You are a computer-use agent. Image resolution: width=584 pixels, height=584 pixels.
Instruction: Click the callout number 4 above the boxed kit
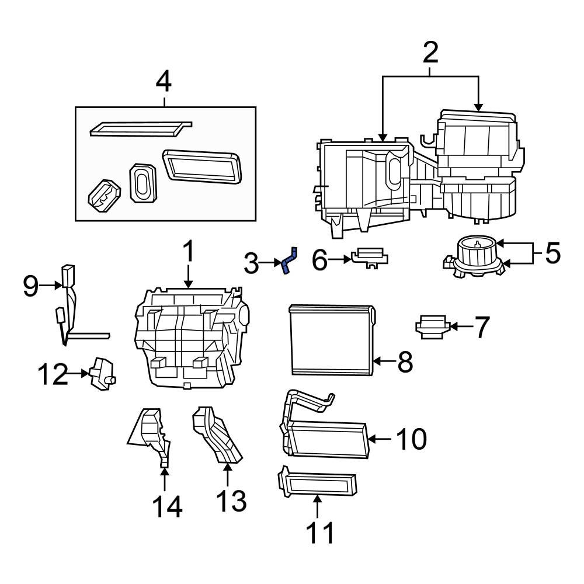(x=164, y=82)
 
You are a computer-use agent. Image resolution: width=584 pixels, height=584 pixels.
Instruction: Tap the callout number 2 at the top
(x=430, y=53)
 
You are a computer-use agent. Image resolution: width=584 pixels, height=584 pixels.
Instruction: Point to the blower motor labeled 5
(x=476, y=257)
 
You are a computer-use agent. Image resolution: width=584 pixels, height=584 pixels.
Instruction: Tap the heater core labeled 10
(x=327, y=438)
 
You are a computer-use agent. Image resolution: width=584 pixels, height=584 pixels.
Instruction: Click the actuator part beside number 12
(x=102, y=372)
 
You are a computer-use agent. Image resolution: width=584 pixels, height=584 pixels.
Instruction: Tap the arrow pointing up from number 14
(x=165, y=479)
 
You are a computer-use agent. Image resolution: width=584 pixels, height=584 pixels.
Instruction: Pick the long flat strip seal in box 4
(x=140, y=128)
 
